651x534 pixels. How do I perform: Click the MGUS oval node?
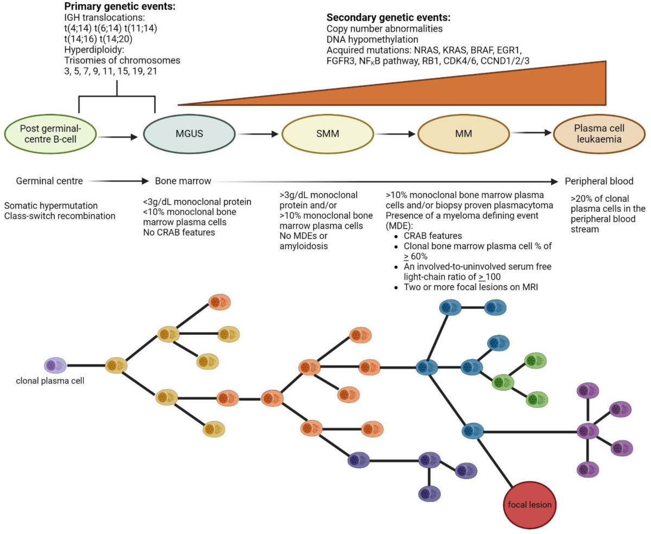pos(189,134)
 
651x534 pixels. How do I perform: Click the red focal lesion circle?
pos(529,504)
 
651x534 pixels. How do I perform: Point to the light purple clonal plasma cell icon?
pos(55,365)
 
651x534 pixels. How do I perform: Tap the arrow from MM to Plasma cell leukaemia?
pos(529,132)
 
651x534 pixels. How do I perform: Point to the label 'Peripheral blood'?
pos(599,181)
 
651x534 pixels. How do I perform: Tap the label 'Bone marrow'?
pos(183,181)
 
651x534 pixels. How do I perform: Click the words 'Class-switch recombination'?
pos(60,216)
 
